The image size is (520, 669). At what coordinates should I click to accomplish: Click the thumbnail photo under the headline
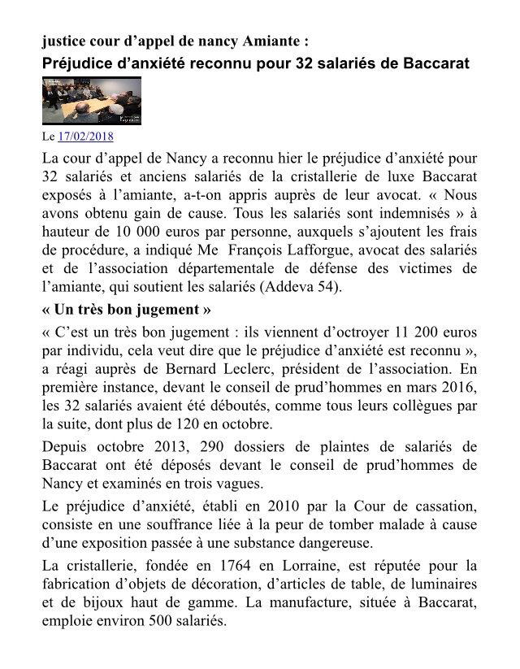click(x=91, y=100)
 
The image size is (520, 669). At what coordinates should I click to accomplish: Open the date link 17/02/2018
click(x=87, y=136)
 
